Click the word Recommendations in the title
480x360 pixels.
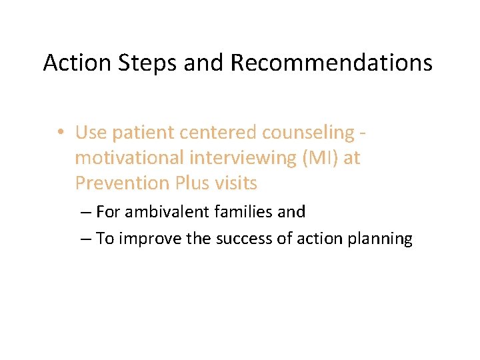tap(331, 63)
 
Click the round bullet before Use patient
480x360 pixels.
tap(61, 133)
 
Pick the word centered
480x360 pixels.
tap(219, 133)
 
